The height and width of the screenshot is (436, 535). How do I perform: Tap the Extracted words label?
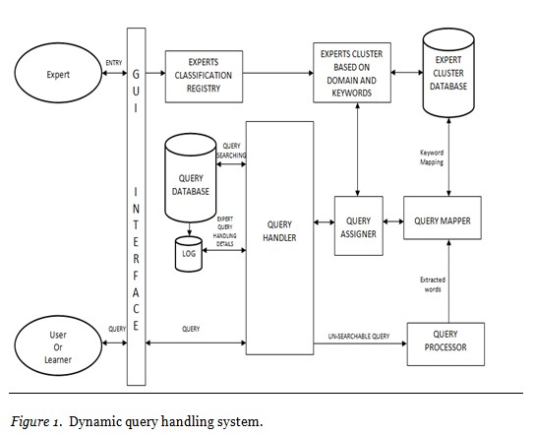coord(430,285)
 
